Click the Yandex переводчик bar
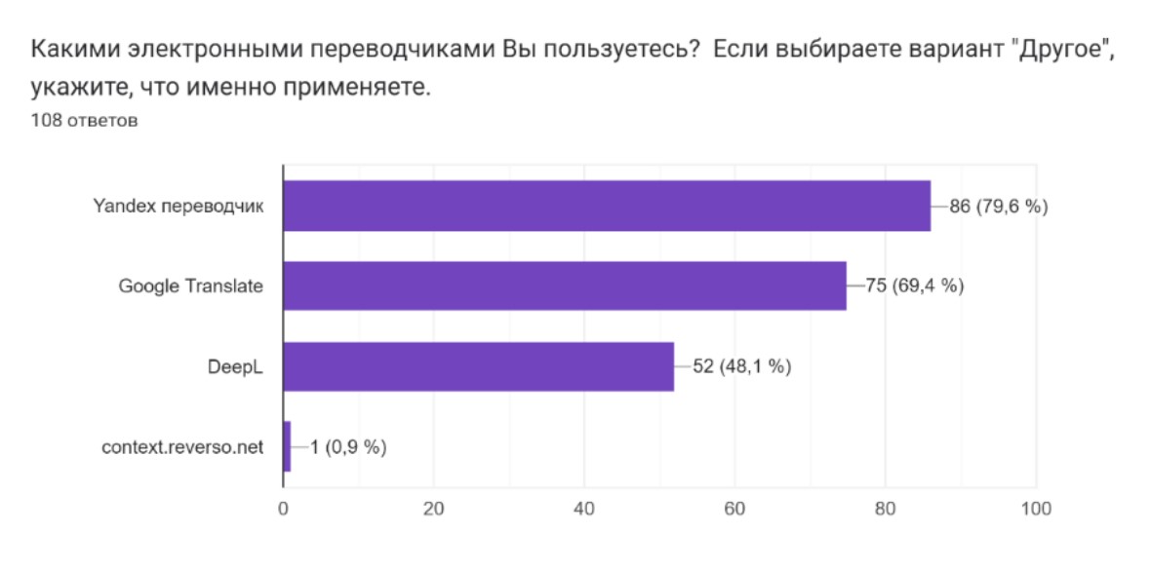[x=607, y=206]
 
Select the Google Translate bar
[x=565, y=285]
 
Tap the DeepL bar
[x=479, y=366]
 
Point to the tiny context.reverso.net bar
[x=287, y=446]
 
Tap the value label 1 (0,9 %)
[x=348, y=447]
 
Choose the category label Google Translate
[x=191, y=286]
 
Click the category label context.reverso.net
[x=182, y=447]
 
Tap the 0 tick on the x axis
[x=284, y=508]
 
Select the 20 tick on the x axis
[x=434, y=508]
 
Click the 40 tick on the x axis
[x=584, y=508]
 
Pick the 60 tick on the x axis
[x=734, y=508]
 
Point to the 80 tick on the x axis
[x=885, y=508]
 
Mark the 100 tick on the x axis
[x=1035, y=508]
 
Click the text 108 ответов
[x=84, y=121]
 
